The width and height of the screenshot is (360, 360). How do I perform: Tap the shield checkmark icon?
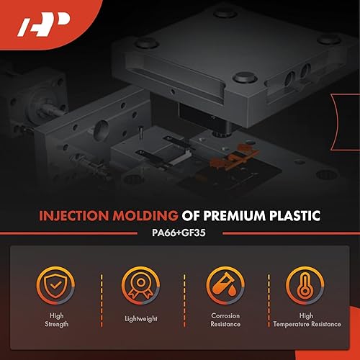[60, 286]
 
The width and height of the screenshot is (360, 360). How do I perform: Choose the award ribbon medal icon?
[140, 286]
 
